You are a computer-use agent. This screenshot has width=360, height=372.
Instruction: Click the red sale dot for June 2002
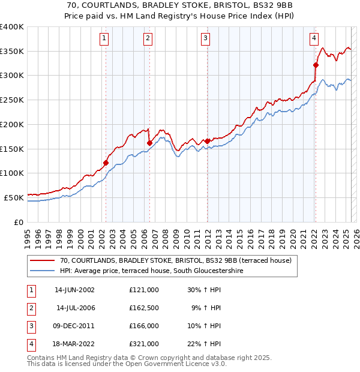tap(106, 163)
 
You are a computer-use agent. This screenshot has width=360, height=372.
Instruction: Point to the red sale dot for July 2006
tap(149, 143)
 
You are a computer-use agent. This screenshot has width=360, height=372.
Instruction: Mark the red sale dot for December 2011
tap(208, 141)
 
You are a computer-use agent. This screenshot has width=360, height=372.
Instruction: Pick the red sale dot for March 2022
tap(316, 65)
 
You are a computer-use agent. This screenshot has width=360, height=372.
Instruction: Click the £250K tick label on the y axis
tap(11, 100)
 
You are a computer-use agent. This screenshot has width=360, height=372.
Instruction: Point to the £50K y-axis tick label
tap(13, 197)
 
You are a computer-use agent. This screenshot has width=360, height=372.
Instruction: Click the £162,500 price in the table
tap(144, 308)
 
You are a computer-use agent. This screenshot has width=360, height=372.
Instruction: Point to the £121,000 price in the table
tap(144, 290)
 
